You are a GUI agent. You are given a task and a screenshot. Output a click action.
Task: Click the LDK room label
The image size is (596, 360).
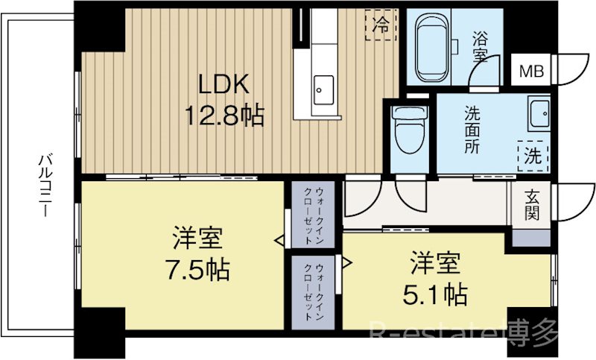pyautogui.click(x=224, y=83)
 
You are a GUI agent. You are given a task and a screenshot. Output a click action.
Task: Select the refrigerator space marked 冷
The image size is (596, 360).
pyautogui.click(x=381, y=25)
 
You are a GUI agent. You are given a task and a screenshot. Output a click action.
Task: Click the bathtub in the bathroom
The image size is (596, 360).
pyautogui.click(x=431, y=47)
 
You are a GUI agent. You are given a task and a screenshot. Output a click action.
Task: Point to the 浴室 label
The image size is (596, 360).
pyautogui.click(x=480, y=47)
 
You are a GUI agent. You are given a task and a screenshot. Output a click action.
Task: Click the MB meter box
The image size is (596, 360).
pyautogui.click(x=531, y=70)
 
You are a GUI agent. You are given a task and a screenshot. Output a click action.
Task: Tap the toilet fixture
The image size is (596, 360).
pyautogui.click(x=410, y=129)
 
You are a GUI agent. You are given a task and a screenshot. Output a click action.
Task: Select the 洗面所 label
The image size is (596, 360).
pyautogui.click(x=472, y=130)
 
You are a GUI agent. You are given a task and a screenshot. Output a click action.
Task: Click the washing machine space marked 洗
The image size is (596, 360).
pyautogui.click(x=533, y=156)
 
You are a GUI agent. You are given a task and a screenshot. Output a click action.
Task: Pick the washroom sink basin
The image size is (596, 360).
pyautogui.click(x=539, y=113)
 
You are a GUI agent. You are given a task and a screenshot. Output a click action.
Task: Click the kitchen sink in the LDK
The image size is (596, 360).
pyautogui.click(x=324, y=90)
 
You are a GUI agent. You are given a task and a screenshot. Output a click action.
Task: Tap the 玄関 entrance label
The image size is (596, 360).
pyautogui.click(x=532, y=205)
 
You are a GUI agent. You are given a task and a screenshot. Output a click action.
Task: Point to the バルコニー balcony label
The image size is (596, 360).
pyautogui.click(x=45, y=185)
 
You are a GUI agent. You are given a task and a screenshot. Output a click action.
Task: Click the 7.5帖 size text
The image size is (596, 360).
pyautogui.click(x=197, y=269)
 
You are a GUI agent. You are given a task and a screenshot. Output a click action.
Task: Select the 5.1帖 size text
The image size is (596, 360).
pyautogui.click(x=435, y=294)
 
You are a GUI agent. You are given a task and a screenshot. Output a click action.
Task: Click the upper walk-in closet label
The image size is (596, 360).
pyautogui.click(x=313, y=215)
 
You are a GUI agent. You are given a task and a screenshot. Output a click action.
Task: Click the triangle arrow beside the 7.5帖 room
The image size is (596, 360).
pyautogui.click(x=280, y=241)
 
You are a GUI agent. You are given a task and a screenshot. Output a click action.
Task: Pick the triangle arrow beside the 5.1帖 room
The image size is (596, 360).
pyautogui.click(x=347, y=262)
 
